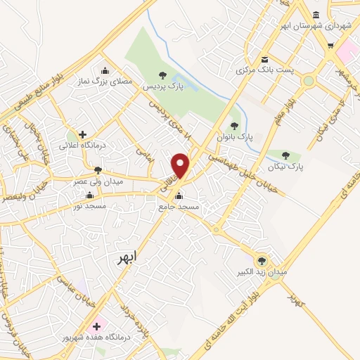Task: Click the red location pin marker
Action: [181, 165]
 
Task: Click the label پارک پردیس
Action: [159, 86]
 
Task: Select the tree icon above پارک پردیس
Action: [162, 75]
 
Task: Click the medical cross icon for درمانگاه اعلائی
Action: [83, 134]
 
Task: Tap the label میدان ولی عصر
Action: [98, 181]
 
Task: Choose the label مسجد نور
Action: [89, 207]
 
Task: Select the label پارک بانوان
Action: [235, 136]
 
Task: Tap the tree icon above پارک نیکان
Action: [285, 156]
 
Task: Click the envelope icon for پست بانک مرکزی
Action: [264, 60]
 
